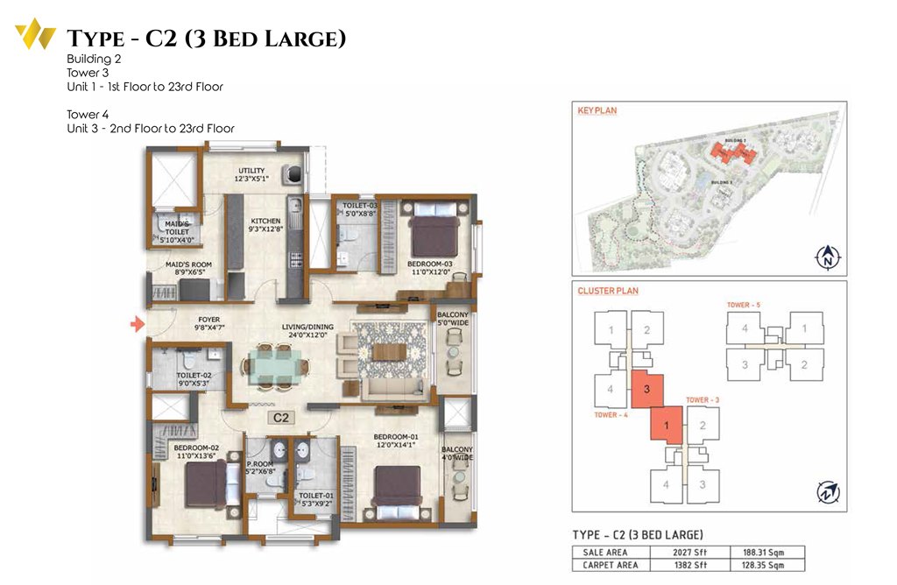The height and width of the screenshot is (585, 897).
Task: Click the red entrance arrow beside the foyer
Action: (x=137, y=326)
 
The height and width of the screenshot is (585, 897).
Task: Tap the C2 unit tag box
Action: (x=280, y=418)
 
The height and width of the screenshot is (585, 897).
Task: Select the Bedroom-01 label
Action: (x=397, y=440)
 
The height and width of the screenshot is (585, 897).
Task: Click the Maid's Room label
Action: (x=188, y=268)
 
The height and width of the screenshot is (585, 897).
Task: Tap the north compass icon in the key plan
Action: (x=825, y=258)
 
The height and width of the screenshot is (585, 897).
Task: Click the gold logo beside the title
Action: (x=35, y=35)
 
